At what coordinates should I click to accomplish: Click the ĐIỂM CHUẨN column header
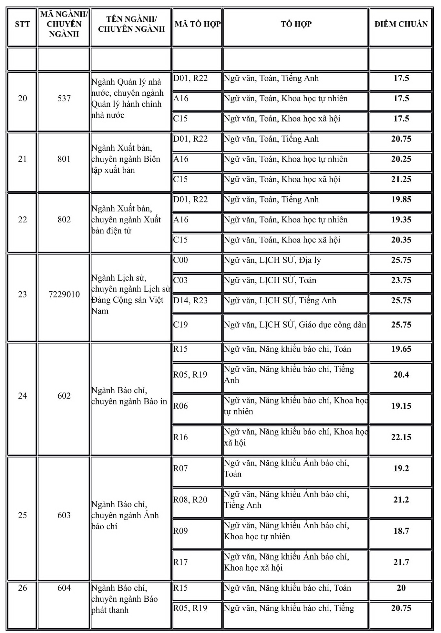[401, 24]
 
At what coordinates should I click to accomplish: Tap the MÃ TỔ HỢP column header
[198, 24]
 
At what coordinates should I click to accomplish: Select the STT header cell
[22, 24]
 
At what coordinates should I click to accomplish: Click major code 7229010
[64, 295]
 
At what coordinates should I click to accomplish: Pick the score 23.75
[401, 280]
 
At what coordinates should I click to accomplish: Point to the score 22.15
[401, 437]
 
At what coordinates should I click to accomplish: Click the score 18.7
[401, 531]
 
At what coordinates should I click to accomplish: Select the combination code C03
[180, 280]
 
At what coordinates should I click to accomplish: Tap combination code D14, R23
[190, 301]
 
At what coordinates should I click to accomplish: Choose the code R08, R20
[190, 500]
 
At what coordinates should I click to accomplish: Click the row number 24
[22, 396]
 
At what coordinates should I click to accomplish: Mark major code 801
[64, 159]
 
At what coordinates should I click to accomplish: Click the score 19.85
[401, 199]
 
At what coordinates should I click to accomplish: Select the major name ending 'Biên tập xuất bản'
[126, 159]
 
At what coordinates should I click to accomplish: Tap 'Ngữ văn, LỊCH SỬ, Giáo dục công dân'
[295, 325]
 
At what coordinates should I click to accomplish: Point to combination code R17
[180, 562]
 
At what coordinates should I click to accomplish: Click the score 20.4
[401, 375]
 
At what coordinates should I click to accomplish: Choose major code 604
[64, 588]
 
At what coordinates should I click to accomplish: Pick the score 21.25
[401, 179]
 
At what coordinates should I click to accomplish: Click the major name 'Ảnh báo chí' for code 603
[125, 515]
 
